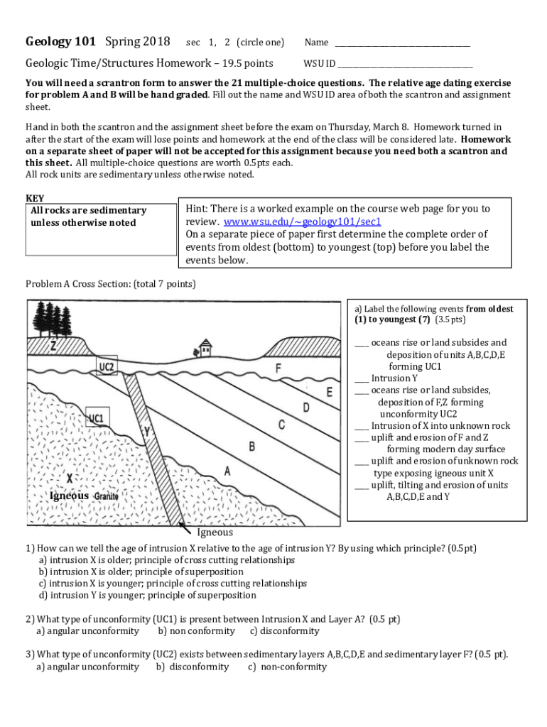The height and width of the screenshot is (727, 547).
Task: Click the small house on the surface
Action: pos(205,347)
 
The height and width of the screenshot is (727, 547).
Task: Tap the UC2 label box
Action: pos(107,367)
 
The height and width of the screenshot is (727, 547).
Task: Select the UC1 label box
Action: pos(95,418)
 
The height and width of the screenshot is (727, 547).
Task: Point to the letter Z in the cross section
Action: pos(53,346)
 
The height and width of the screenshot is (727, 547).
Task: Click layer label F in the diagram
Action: pos(278,368)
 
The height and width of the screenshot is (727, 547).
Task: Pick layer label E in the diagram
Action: pos(329,391)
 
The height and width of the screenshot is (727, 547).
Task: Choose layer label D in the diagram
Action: pos(306,408)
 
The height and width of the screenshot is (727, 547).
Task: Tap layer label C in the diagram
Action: pos(281,425)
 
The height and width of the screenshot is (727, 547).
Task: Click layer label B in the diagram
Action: pos(251,447)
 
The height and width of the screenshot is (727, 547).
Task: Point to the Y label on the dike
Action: pos(146,431)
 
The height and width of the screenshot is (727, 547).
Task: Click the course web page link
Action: pos(303,222)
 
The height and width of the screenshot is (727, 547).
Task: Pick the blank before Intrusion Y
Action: pos(361,378)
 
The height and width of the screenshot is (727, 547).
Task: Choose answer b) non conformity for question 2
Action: pos(196,631)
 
